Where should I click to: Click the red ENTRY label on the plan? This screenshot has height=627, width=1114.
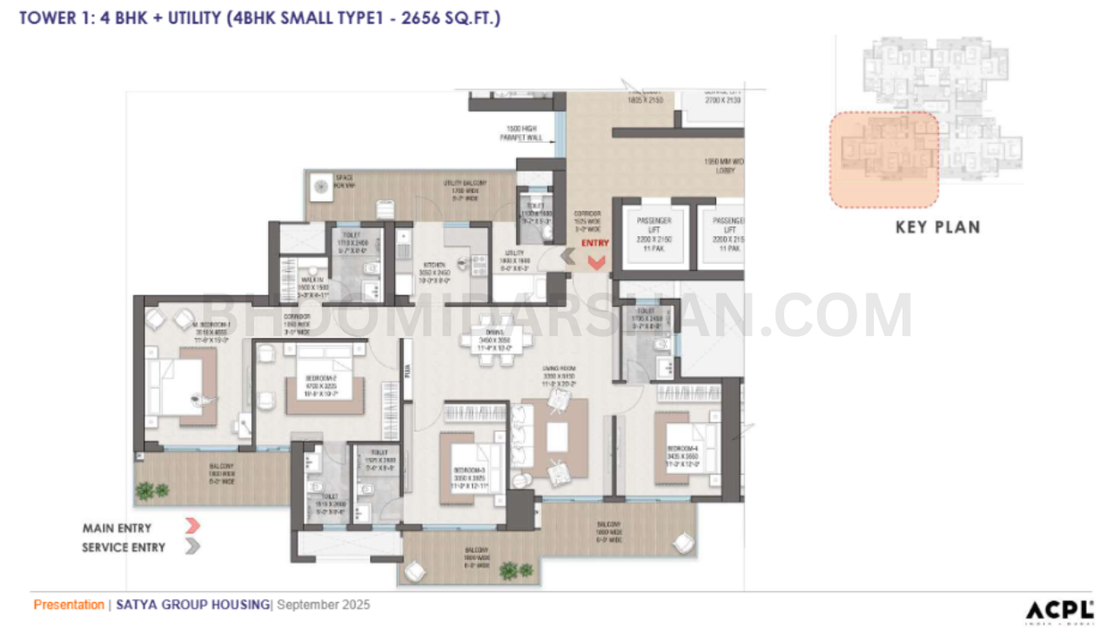pyautogui.click(x=595, y=244)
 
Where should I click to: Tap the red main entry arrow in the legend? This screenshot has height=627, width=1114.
pyautogui.click(x=192, y=526)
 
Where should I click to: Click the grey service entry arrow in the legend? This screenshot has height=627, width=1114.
pyautogui.click(x=192, y=547)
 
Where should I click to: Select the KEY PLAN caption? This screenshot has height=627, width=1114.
pyautogui.click(x=937, y=227)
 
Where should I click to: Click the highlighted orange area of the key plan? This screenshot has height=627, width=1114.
pyautogui.click(x=883, y=160)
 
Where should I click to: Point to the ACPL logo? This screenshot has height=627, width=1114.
pyautogui.click(x=1058, y=610)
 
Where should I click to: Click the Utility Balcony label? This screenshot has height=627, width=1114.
pyautogui.click(x=466, y=184)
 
